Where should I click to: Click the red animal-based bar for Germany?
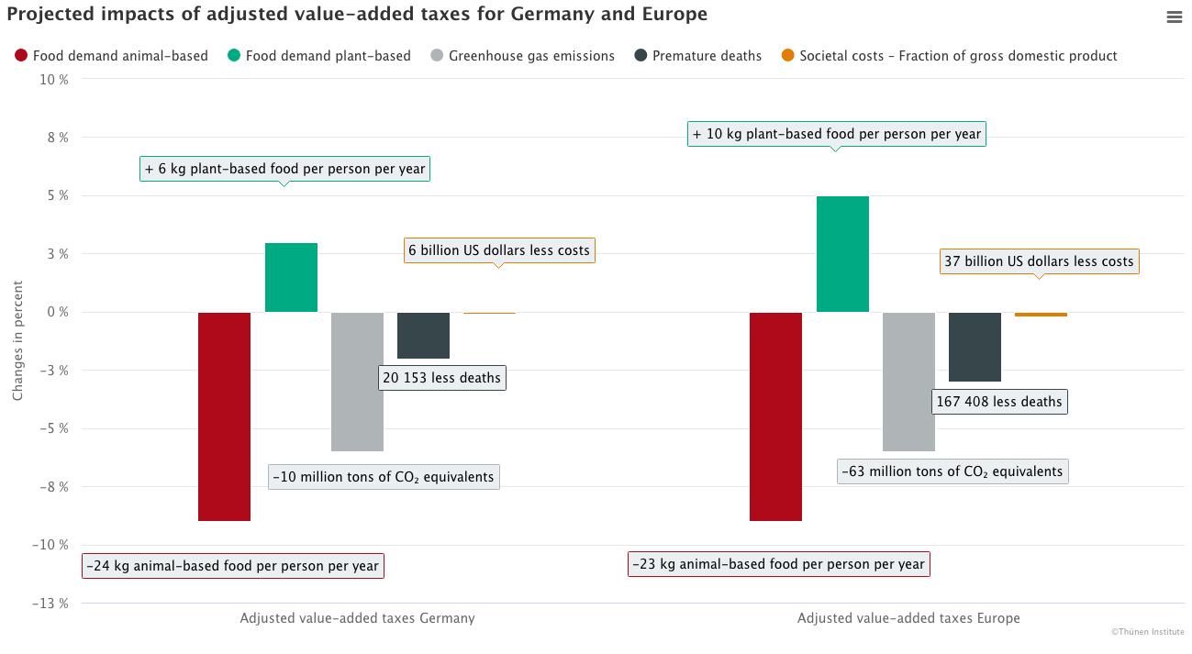tap(225, 416)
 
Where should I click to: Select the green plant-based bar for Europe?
tap(842, 254)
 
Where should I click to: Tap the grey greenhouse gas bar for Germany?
tap(357, 382)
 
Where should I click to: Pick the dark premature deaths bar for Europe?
tap(975, 347)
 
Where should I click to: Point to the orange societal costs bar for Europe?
tap(1041, 315)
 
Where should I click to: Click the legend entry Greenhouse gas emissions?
tap(531, 56)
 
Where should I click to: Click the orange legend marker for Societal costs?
tap(787, 56)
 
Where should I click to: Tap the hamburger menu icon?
tap(1175, 17)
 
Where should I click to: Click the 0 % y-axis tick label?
tap(60, 312)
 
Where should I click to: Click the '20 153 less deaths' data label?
tap(442, 377)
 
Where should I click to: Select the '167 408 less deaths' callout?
tap(998, 401)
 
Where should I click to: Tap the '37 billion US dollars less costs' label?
tap(1039, 261)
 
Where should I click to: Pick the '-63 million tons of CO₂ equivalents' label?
tap(952, 471)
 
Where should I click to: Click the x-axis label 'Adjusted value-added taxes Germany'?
tap(357, 618)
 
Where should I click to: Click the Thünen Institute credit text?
tap(1147, 632)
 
